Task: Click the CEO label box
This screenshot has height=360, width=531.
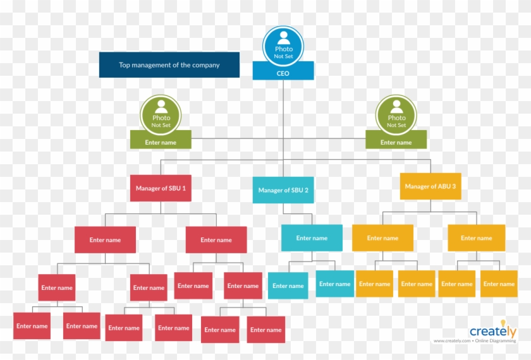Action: [x=283, y=71]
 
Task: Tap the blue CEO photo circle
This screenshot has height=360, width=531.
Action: [x=283, y=46]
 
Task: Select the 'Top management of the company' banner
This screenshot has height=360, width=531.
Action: [x=169, y=64]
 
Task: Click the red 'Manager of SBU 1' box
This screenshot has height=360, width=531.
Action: [x=161, y=188]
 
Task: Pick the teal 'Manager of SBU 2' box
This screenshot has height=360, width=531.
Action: [x=283, y=190]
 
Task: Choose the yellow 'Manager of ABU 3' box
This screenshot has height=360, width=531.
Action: [x=430, y=186]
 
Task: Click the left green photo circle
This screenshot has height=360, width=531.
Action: [x=161, y=114]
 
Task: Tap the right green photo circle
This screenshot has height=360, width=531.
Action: [x=396, y=114]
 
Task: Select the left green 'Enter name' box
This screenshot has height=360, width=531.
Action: [x=161, y=140]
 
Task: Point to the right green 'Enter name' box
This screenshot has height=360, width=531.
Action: [x=396, y=140]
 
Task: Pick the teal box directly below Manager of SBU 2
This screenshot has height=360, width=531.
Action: [x=312, y=238]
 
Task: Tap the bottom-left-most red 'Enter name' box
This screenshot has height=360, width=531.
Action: [x=32, y=326]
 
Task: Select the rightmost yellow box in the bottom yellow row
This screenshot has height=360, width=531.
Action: [x=499, y=284]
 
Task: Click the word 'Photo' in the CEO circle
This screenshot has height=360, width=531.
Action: [x=284, y=49]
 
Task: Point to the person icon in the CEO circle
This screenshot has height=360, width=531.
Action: [x=284, y=38]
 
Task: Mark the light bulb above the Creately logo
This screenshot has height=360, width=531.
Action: [x=503, y=323]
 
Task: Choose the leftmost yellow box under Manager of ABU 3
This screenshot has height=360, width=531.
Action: [x=382, y=238]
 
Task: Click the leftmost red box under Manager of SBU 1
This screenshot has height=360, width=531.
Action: [x=106, y=240]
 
